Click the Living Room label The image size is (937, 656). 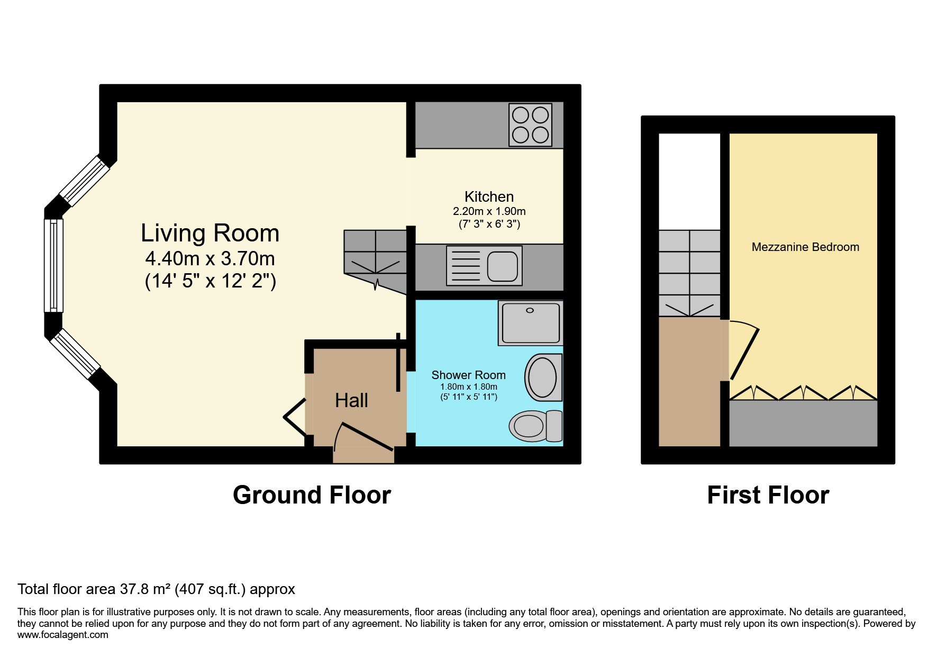click(210, 233)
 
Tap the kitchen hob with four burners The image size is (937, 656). click(530, 125)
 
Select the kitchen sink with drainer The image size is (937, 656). click(484, 266)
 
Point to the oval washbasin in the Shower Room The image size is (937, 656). click(543, 378)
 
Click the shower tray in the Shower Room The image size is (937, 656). click(530, 323)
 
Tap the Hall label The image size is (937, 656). click(351, 401)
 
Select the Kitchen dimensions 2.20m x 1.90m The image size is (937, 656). click(489, 211)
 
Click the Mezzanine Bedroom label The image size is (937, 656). click(805, 247)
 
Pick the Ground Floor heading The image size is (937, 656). click(312, 496)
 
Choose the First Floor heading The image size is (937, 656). click(768, 496)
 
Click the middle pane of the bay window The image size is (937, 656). click(53, 265)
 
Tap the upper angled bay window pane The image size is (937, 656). click(84, 181)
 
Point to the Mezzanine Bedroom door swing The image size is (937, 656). click(743, 349)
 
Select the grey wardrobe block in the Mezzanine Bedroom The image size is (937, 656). click(803, 424)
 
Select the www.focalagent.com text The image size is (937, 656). click(62, 635)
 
